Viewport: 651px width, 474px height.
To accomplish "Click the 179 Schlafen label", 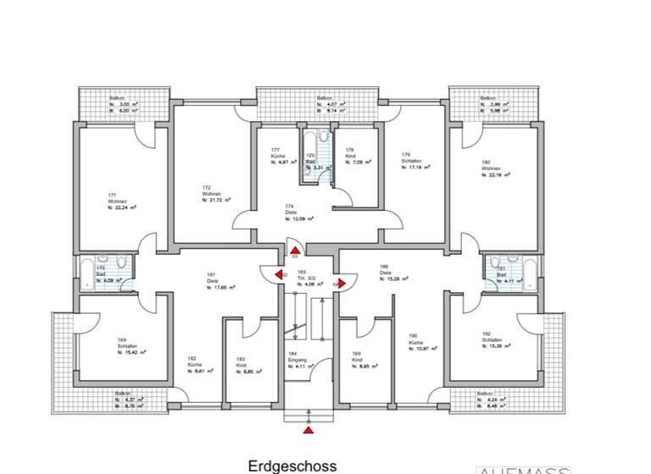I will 415,161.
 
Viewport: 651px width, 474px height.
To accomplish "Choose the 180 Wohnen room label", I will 494,168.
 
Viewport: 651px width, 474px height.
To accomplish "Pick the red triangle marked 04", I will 342,284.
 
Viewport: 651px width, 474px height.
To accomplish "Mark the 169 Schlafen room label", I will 128,347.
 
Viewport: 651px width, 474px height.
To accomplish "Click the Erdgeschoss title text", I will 292,466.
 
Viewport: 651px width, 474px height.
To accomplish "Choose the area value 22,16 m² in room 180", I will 494,175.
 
